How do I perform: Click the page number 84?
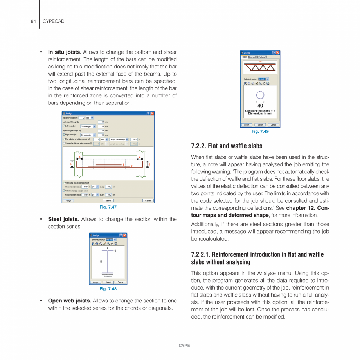[x=33, y=21]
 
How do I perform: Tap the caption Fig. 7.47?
[x=108, y=207]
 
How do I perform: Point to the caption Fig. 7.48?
[x=108, y=289]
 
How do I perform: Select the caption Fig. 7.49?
[x=260, y=131]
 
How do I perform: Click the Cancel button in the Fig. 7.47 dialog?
[x=148, y=200]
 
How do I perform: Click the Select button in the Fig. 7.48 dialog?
[x=108, y=282]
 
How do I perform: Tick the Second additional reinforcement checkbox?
[x=64, y=144]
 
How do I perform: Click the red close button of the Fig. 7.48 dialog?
[x=125, y=235]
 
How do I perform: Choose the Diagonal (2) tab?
[x=253, y=57]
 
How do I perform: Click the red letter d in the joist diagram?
[x=149, y=164]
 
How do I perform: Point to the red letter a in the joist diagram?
[x=79, y=157]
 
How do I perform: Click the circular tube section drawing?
[x=260, y=95]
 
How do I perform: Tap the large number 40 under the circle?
[x=260, y=106]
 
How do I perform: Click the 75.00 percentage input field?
[x=134, y=139]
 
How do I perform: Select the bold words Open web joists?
[x=69, y=301]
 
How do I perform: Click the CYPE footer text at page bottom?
[x=184, y=346]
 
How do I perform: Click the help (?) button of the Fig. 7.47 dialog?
[x=148, y=113]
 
